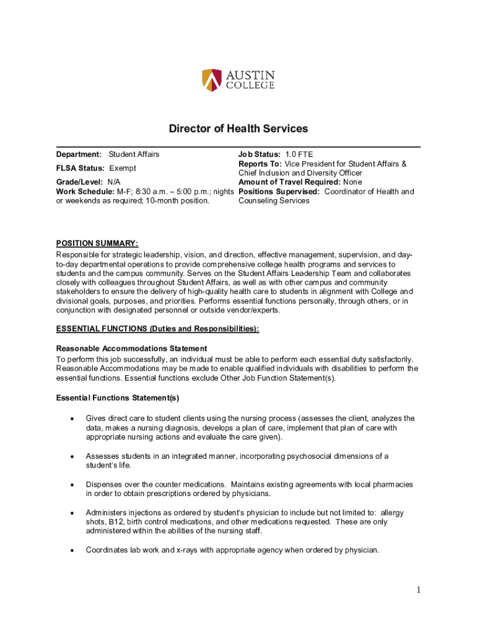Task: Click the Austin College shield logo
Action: click(211, 80)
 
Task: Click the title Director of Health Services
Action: click(239, 129)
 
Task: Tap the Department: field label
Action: click(79, 154)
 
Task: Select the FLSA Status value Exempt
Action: click(123, 169)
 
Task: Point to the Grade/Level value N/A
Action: click(114, 182)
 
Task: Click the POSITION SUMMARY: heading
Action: click(97, 242)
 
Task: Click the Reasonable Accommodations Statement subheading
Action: click(131, 349)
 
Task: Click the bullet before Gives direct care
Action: click(73, 419)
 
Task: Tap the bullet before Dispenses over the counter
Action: click(73, 485)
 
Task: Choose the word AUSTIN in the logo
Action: click(250, 75)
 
